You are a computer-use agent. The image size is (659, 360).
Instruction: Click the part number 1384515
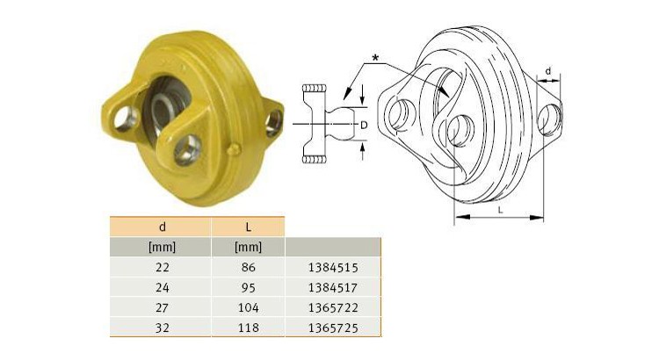click(332, 267)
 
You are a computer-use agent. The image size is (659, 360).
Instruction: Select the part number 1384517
click(332, 287)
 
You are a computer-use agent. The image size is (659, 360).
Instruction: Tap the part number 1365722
click(332, 307)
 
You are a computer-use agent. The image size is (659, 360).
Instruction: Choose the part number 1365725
click(332, 328)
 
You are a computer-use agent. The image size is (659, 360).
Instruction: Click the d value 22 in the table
click(160, 267)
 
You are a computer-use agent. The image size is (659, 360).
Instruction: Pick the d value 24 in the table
click(160, 287)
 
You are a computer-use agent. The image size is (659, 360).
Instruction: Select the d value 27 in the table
click(160, 307)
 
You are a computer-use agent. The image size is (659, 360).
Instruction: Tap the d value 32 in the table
click(160, 328)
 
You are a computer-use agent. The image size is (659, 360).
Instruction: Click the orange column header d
click(160, 226)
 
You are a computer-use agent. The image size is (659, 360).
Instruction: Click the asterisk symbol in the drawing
click(375, 58)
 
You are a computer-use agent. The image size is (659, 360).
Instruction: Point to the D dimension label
click(364, 125)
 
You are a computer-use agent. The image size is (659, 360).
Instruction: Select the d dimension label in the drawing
click(548, 71)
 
